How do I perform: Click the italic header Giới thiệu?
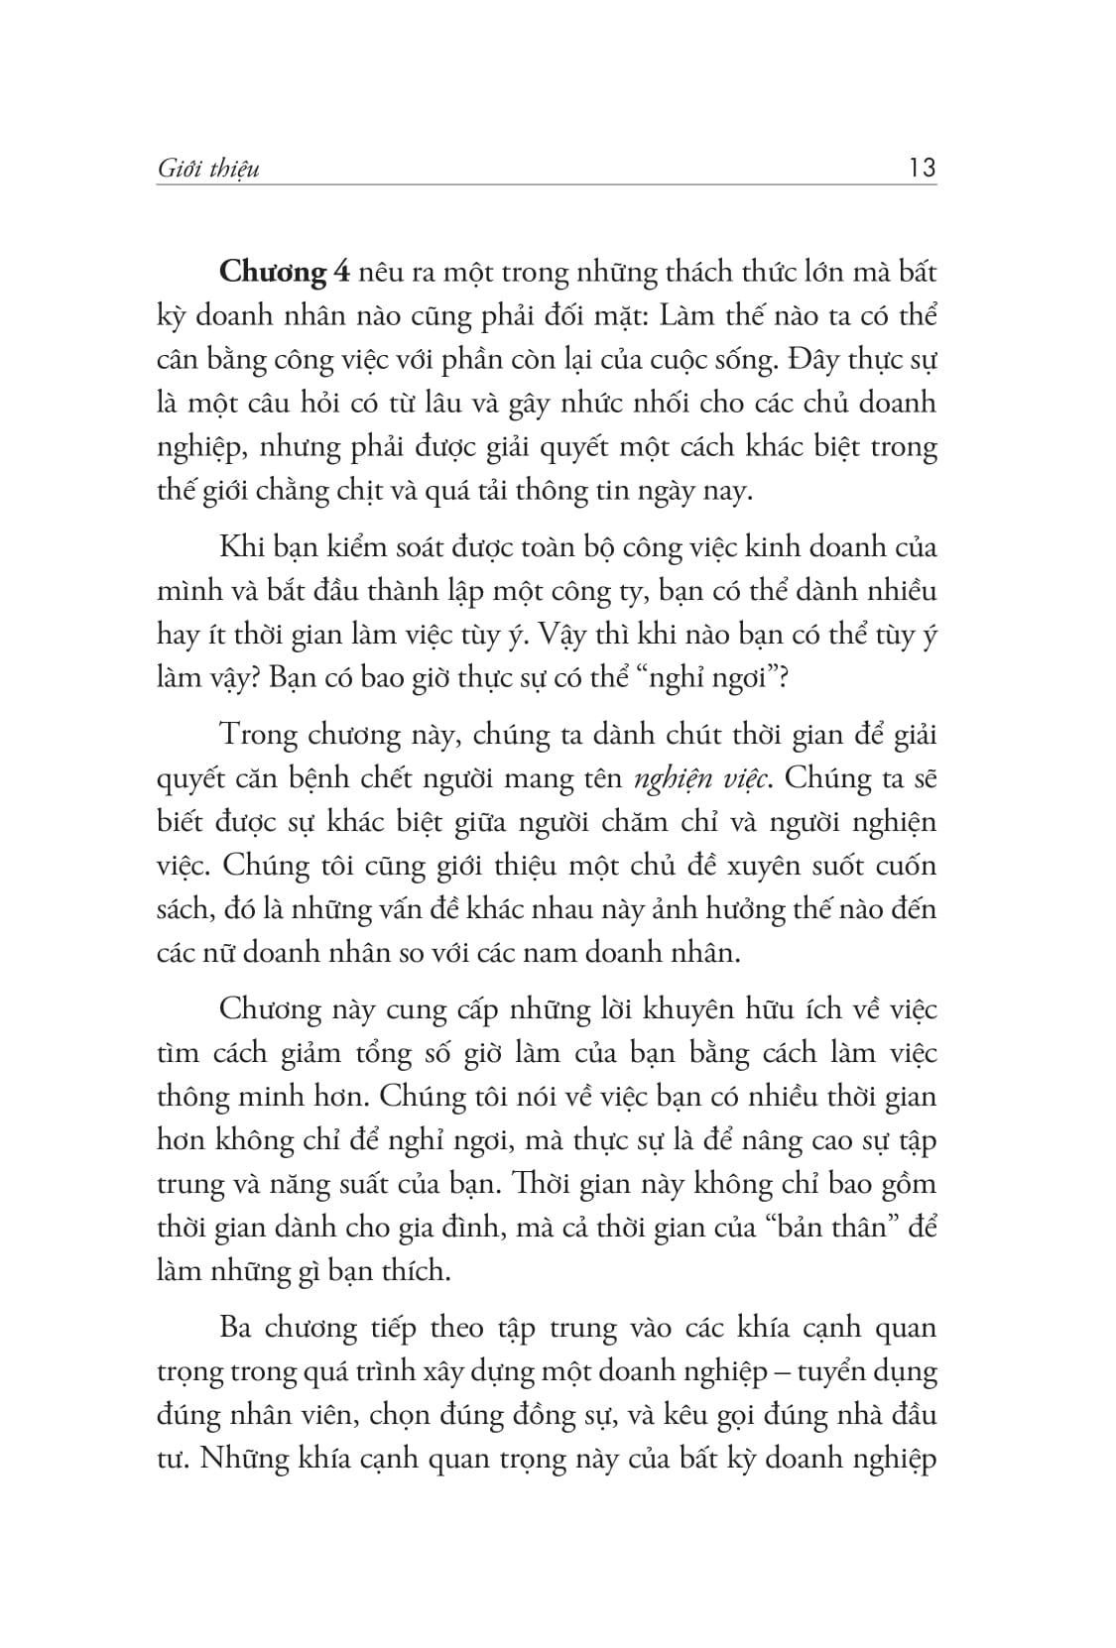click(208, 170)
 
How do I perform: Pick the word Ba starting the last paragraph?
click(236, 1327)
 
